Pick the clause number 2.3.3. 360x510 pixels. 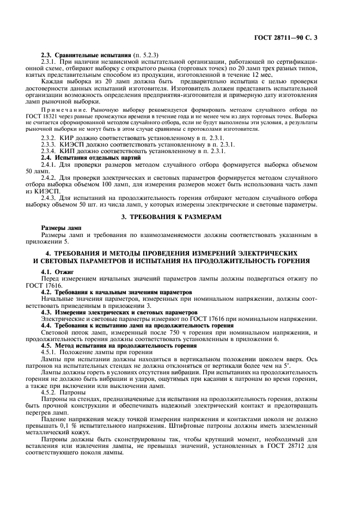tap(50, 144)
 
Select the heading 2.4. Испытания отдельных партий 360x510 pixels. tap(83, 157)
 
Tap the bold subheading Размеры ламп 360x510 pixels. tap(61, 228)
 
